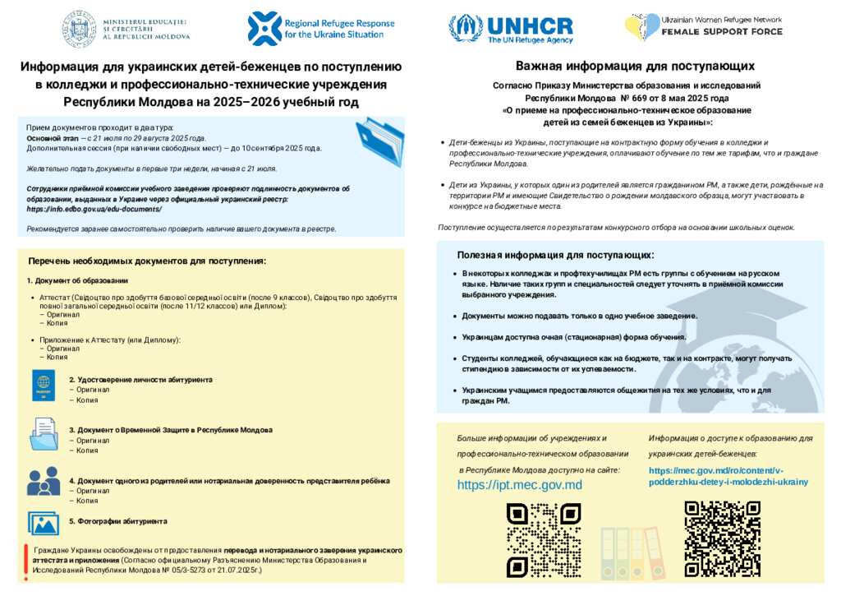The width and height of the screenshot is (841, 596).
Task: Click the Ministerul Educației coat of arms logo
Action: (x=80, y=27)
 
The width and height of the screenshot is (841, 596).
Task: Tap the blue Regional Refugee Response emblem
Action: (x=264, y=28)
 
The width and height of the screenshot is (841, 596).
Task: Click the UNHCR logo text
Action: (x=531, y=28)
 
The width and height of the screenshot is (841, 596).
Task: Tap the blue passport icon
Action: (x=44, y=385)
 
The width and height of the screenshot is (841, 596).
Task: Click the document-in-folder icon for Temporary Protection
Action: (x=44, y=433)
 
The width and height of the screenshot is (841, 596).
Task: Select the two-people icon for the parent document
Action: (x=44, y=481)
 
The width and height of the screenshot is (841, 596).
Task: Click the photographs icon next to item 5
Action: (x=44, y=523)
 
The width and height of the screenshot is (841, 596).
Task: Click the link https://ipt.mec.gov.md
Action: (x=519, y=485)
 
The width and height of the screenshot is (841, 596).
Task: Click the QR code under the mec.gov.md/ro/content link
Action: (x=711, y=527)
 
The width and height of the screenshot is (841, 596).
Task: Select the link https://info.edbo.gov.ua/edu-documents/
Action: (x=94, y=209)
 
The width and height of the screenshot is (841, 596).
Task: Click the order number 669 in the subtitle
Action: (x=641, y=97)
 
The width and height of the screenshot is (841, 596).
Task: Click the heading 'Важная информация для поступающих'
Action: (x=635, y=66)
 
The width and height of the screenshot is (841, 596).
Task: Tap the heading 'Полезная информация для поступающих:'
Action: (x=555, y=255)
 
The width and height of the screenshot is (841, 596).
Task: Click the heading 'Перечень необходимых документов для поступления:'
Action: (x=147, y=261)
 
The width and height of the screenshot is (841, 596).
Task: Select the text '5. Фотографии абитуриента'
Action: (x=117, y=521)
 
